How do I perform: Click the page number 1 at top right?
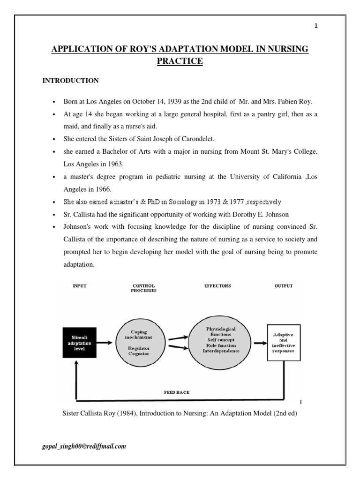coord(316,26)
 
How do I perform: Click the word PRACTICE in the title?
coord(180,61)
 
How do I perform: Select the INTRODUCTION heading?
coord(70,81)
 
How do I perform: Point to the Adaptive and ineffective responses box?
coord(283,343)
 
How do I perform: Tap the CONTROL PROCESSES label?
coord(144,288)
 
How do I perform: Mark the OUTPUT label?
coord(284,286)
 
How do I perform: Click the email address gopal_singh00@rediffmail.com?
coord(84,446)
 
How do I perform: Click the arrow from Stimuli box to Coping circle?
coord(106,343)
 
